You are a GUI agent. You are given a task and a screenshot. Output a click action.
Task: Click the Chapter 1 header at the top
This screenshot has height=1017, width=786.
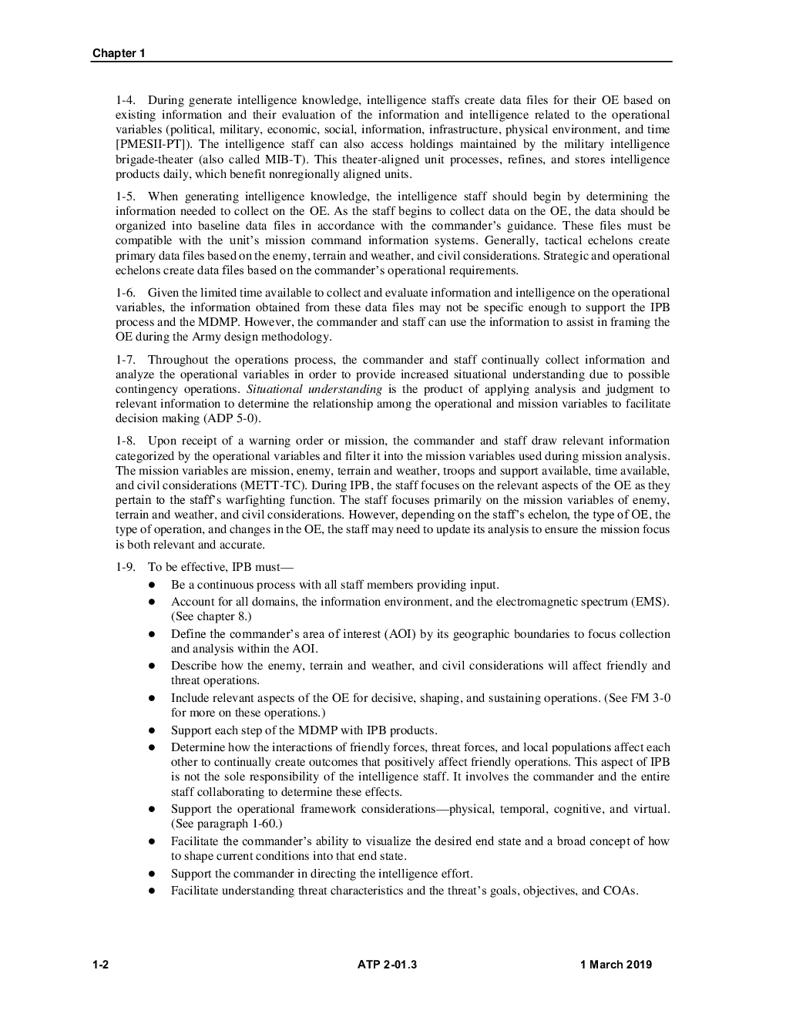119,53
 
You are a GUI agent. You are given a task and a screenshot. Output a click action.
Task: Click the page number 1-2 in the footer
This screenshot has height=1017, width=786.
100,964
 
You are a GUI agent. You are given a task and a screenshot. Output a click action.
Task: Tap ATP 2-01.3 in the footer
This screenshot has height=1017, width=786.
387,964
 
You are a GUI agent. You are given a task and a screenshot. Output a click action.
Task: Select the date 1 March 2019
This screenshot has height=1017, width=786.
616,964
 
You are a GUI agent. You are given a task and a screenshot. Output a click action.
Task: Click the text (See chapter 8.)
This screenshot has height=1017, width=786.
211,616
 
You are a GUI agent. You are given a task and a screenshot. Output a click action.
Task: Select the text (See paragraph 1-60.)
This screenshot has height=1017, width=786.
227,824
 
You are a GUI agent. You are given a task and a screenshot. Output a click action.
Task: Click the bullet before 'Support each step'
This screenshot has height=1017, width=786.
153,730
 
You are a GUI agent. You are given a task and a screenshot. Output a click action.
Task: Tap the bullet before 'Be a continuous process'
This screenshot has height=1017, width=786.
153,585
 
